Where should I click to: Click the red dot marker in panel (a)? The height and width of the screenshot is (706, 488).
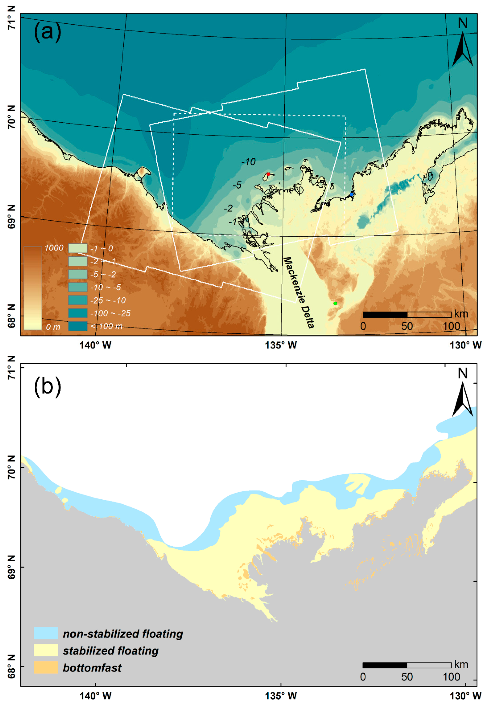(268, 174)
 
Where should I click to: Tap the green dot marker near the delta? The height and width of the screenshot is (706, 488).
(335, 303)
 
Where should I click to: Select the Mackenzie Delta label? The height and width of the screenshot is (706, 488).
(299, 292)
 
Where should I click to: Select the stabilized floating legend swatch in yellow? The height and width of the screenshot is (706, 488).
(46, 650)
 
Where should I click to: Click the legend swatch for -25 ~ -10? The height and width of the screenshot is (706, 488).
(78, 300)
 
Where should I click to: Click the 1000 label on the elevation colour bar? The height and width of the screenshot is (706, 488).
(54, 248)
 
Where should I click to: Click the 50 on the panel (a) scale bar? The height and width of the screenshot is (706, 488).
(407, 326)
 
